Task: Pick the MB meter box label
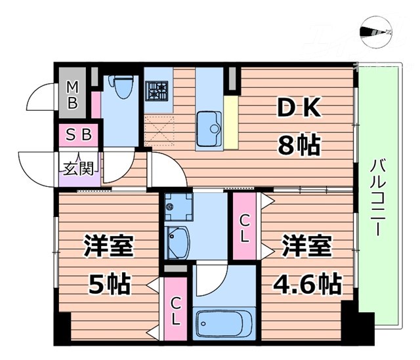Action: coord(73,95)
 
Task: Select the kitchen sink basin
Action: coord(209,124)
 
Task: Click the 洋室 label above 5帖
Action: coord(109,249)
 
